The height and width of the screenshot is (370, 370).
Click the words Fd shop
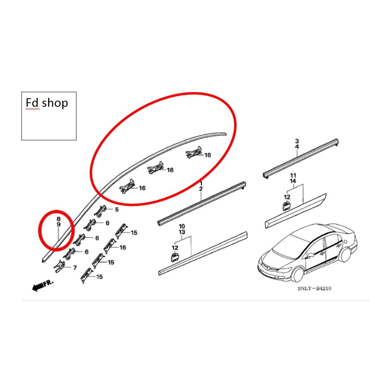point(47,103)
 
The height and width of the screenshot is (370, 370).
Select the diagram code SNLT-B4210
point(314,288)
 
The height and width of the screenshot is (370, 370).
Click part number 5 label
point(117,209)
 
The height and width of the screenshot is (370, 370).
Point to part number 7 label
point(75,268)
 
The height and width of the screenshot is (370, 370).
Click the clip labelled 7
point(59,266)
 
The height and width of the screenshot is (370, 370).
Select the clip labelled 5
point(100,211)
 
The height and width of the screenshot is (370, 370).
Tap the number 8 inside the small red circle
point(59,219)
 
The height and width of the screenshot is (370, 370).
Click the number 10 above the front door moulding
point(182,226)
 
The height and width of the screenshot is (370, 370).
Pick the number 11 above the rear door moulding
point(293,175)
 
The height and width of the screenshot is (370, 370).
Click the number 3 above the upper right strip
point(297,141)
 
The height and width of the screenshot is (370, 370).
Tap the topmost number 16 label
point(208,155)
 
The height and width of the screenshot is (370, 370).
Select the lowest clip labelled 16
point(127,186)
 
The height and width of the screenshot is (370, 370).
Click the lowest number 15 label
point(99,277)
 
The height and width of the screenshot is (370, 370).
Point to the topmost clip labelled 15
point(121,230)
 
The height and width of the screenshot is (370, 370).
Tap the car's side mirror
point(311,255)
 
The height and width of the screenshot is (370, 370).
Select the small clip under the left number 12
point(175,258)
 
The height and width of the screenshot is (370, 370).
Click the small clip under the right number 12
point(286,206)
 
